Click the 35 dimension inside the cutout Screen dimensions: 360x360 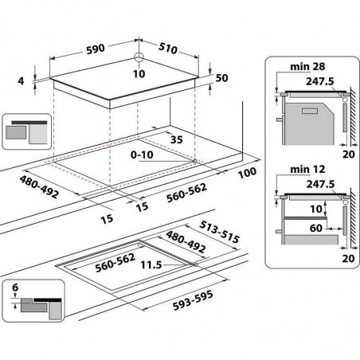point(177,139)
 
